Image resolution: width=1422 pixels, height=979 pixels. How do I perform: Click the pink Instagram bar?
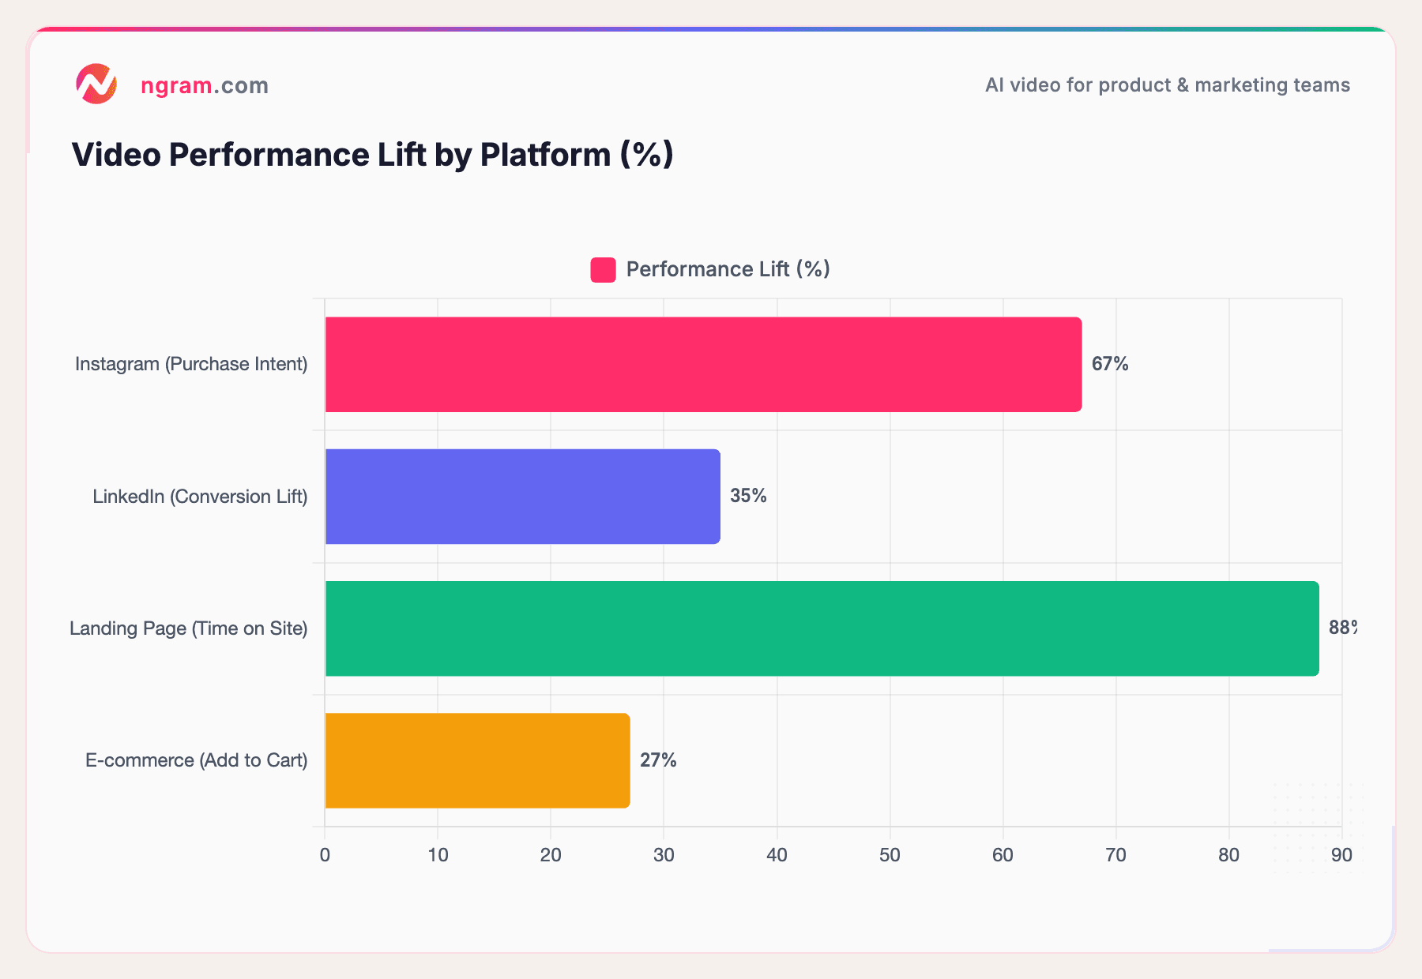click(703, 364)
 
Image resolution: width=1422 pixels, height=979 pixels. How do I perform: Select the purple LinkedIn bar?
click(522, 497)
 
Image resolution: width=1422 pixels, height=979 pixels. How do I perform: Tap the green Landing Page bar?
click(822, 628)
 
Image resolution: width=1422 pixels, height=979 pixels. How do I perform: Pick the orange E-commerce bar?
click(477, 760)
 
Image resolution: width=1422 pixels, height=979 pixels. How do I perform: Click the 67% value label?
click(1110, 364)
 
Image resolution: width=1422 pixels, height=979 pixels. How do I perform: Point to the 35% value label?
click(748, 496)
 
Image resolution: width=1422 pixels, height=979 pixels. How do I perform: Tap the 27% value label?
click(658, 760)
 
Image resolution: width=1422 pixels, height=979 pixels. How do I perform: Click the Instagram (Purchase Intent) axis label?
click(191, 364)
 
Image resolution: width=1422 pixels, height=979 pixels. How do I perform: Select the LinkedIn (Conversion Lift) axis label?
click(200, 497)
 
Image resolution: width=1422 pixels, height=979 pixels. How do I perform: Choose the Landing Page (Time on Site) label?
click(188, 628)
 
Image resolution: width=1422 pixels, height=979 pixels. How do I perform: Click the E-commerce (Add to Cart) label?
click(196, 760)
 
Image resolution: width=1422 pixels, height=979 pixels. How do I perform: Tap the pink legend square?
click(603, 270)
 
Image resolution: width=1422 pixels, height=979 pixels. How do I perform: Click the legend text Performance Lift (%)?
click(728, 269)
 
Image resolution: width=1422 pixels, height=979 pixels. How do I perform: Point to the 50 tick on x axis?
click(890, 855)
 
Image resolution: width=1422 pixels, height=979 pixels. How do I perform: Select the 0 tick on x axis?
click(325, 855)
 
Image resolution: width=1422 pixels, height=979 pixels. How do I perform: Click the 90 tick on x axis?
click(1341, 855)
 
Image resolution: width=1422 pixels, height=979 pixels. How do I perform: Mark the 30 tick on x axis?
click(664, 855)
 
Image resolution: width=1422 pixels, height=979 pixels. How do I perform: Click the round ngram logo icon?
click(96, 84)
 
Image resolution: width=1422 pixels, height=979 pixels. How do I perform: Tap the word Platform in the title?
click(545, 155)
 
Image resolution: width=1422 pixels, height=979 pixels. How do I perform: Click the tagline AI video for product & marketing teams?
click(1167, 85)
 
